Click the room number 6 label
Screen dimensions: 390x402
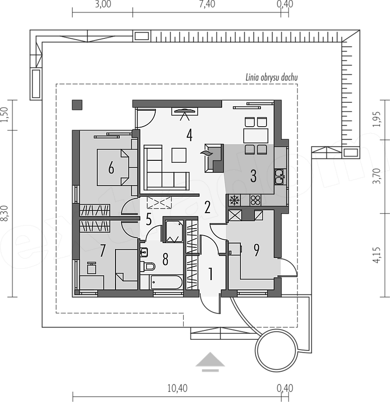pos(111,168)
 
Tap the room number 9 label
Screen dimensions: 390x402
pos(256,250)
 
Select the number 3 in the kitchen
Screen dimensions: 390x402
pos(253,176)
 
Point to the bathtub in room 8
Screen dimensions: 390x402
pos(166,282)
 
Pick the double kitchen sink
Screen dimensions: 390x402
pos(280,176)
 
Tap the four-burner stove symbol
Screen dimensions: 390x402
pos(255,200)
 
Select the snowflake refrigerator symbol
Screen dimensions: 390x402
pos(234,200)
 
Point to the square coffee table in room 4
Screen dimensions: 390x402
pos(179,155)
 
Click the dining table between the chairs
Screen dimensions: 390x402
pos(256,136)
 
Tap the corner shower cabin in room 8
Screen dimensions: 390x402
pos(173,231)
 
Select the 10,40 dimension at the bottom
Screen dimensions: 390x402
pos(177,388)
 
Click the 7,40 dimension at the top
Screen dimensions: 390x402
pos(207,4)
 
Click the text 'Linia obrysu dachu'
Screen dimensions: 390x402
pos(272,78)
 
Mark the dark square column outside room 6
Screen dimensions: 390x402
pos(77,105)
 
